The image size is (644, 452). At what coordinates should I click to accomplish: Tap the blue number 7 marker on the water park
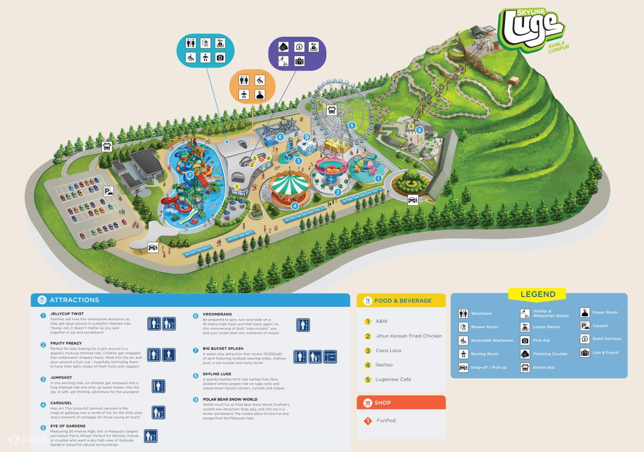tap(189, 175)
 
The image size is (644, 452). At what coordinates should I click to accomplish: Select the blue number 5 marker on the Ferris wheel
tap(352, 125)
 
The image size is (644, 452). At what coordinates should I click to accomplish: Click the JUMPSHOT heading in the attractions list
tap(61, 378)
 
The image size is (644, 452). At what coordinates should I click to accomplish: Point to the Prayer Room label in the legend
tap(605, 312)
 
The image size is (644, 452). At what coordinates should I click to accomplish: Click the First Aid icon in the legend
tap(525, 341)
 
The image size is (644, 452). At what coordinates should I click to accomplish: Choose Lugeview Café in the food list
tap(393, 379)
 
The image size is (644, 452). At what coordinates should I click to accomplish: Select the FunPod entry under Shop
tap(386, 421)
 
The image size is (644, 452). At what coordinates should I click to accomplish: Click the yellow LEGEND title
tap(538, 294)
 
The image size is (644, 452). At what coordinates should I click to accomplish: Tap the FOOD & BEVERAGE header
tap(403, 301)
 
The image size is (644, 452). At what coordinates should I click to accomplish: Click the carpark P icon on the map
tap(108, 191)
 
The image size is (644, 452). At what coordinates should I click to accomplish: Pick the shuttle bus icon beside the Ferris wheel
tap(332, 110)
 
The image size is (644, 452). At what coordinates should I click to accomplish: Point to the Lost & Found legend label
tap(605, 353)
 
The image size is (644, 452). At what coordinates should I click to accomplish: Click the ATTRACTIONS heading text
tap(74, 300)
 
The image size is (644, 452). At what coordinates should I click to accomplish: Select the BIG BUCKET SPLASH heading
tap(223, 349)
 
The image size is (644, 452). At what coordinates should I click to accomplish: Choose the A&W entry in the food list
tap(381, 321)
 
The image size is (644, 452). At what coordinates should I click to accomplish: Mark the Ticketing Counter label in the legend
tap(550, 354)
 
